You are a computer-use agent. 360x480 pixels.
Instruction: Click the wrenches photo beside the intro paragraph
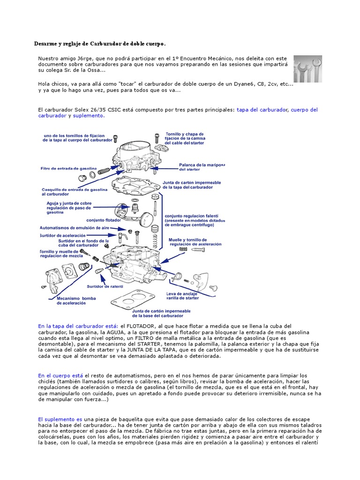(308, 68)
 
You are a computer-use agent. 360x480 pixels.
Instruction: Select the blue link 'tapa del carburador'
(262, 110)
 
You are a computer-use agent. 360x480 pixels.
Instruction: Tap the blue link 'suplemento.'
(89, 116)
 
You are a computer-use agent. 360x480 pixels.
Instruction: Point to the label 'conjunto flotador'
(103, 219)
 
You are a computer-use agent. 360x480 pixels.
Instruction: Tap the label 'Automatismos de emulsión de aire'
(74, 227)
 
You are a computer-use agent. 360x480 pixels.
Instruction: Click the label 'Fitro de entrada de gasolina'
(69, 168)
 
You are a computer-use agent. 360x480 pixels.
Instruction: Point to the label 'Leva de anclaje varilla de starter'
(183, 296)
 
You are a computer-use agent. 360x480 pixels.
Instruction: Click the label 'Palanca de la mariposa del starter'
(202, 167)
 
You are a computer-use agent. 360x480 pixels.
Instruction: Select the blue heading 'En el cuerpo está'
(60, 375)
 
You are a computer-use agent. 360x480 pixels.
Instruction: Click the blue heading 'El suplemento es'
(60, 419)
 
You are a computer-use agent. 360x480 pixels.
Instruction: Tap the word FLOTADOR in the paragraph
(139, 326)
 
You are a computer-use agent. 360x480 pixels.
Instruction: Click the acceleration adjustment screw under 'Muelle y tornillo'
(195, 250)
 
